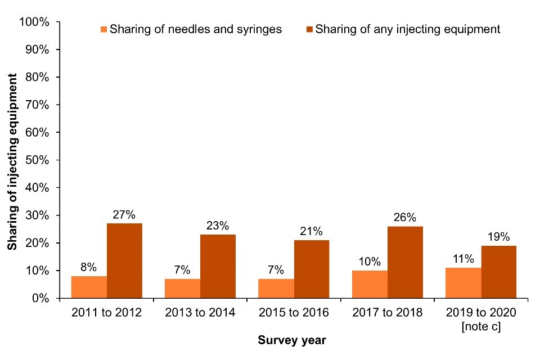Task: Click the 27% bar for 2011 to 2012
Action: pyautogui.click(x=124, y=260)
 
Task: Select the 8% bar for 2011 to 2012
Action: pyautogui.click(x=89, y=287)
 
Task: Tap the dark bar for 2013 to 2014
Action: pyautogui.click(x=218, y=266)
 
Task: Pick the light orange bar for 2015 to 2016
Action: pyautogui.click(x=276, y=288)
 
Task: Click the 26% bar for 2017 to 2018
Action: pyautogui.click(x=405, y=262)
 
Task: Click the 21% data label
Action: pyautogui.click(x=311, y=231)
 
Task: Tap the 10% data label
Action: pyautogui.click(x=370, y=262)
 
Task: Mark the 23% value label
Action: pyautogui.click(x=218, y=226)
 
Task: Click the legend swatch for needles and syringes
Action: pyautogui.click(x=104, y=29)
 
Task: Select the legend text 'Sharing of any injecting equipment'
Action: pyautogui.click(x=408, y=29)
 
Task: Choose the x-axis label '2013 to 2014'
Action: pyautogui.click(x=200, y=313)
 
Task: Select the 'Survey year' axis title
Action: pyautogui.click(x=292, y=340)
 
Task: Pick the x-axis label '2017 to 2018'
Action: pyautogui.click(x=387, y=313)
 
